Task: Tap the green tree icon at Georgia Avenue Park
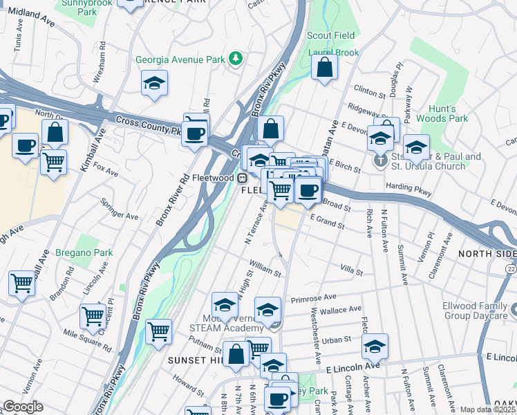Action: [x=236, y=57]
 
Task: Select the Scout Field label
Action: [x=331, y=35]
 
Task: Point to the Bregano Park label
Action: [x=84, y=252]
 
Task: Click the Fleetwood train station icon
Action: [x=243, y=178]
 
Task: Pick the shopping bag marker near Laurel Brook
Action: [x=324, y=68]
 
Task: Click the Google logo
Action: [x=23, y=407]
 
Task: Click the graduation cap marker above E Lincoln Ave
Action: [x=375, y=346]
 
